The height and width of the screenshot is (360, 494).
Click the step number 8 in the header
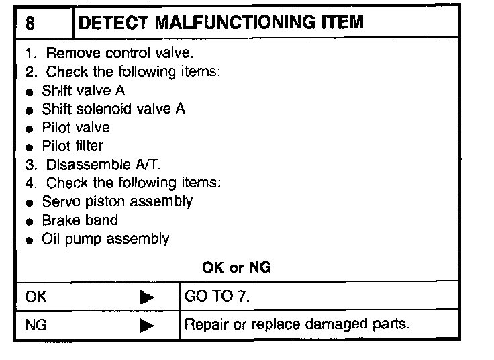point(30,23)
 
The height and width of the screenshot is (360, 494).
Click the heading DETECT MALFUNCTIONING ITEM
point(221,22)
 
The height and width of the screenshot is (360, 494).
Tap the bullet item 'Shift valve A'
point(83,90)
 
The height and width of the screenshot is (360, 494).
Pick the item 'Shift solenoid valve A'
point(113,109)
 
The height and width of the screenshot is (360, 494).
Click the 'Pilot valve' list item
point(76,127)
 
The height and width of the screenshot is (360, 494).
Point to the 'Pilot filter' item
point(72,145)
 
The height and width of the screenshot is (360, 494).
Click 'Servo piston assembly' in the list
point(117,201)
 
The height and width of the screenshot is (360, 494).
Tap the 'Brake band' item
point(79,220)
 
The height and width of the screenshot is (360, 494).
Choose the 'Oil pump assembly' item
point(105,238)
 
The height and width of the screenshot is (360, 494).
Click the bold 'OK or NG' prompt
point(236,267)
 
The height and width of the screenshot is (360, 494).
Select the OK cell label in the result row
point(36,296)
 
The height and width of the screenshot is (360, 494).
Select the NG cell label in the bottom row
point(36,325)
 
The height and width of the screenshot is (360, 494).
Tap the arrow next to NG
point(147,326)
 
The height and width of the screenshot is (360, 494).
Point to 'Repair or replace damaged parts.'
point(296,325)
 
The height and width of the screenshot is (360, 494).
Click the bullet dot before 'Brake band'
point(30,221)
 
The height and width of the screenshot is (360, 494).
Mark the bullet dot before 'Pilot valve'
point(30,128)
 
